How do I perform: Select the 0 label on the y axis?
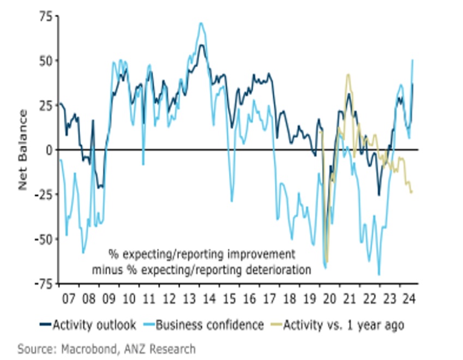pos(49,149)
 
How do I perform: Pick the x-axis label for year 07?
pos(68,299)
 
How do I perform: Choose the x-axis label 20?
pos(330,299)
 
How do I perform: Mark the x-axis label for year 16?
pos(249,299)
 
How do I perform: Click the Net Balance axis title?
pos(23,149)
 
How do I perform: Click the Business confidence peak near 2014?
pos(201,23)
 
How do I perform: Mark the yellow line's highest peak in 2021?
pos(348,74)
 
